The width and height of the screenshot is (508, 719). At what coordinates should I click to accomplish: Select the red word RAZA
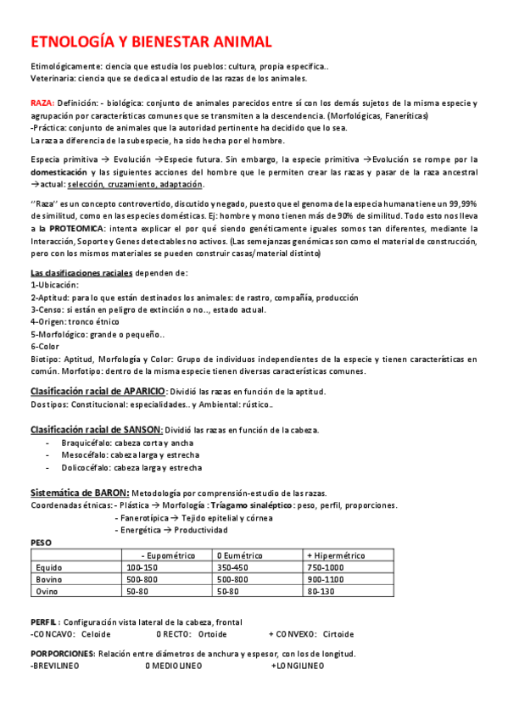[x=42, y=102]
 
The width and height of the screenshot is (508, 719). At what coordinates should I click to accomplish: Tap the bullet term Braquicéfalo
[x=86, y=443]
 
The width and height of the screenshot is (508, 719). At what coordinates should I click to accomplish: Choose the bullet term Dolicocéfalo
[x=85, y=467]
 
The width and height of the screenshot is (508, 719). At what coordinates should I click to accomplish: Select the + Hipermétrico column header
[x=336, y=555]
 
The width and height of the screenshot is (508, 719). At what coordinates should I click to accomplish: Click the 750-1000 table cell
[x=326, y=567]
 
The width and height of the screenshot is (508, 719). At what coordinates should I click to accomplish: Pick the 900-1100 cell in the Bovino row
[x=326, y=579]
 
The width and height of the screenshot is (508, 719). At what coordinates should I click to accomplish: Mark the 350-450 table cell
[x=233, y=567]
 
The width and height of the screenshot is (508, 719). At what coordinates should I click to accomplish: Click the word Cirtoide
[x=338, y=634]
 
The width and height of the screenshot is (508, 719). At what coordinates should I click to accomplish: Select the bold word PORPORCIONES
[x=62, y=654]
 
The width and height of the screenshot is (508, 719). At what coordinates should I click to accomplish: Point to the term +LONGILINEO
[x=298, y=666]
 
